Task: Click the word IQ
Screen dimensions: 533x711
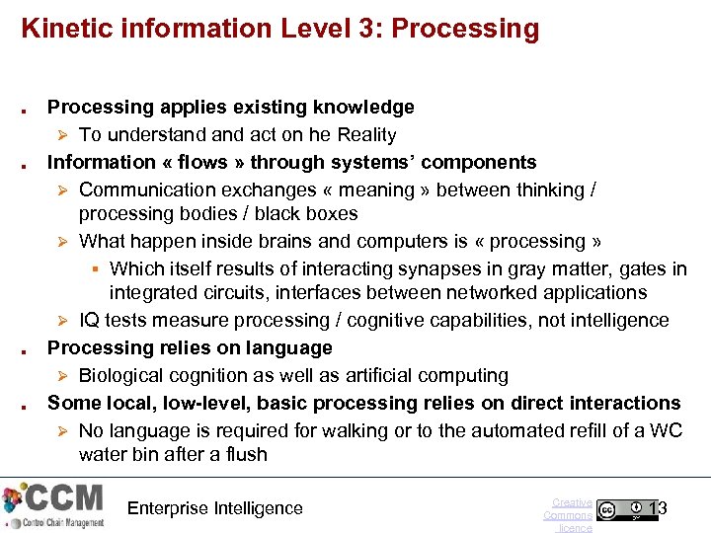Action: (x=89, y=320)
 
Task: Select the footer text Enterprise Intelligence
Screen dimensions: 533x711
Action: (x=215, y=508)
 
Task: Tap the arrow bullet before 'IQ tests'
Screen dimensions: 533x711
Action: (x=61, y=321)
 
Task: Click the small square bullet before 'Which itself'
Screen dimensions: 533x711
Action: (x=96, y=269)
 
